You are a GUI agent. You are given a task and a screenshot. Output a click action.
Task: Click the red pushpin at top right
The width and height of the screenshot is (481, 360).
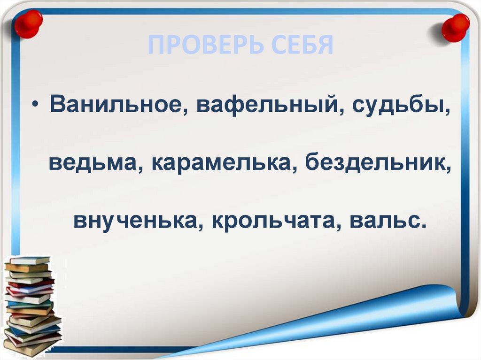(455, 27)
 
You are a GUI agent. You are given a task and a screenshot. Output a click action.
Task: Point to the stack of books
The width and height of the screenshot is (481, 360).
(32, 305)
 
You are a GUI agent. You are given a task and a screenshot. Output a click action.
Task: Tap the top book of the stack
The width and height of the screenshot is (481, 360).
(29, 260)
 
